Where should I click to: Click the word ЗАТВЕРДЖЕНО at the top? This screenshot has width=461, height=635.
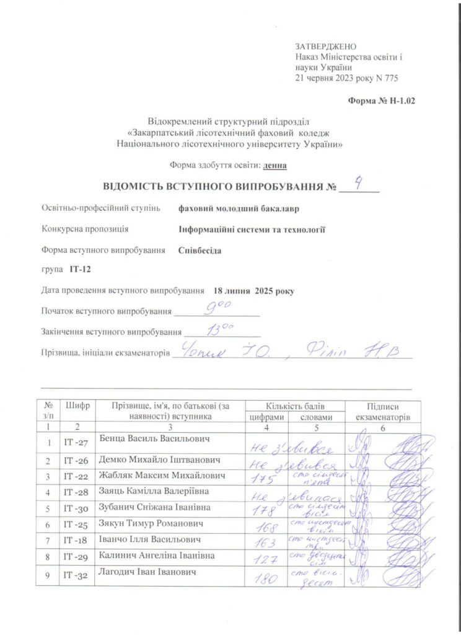click(327, 47)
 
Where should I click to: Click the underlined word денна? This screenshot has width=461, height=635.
click(274, 166)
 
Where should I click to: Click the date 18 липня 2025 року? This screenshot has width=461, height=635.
click(254, 290)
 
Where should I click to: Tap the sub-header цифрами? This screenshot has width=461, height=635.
click(266, 417)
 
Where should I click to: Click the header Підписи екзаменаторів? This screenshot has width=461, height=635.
click(384, 411)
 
